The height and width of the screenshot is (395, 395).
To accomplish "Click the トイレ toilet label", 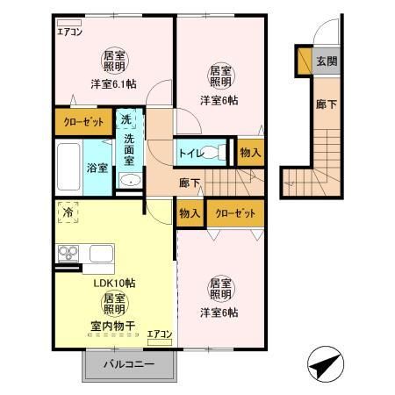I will pos(190,154).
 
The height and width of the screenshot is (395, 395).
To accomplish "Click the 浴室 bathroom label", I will pos(97,167).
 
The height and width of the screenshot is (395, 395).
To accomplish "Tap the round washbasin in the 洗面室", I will pos(128,181).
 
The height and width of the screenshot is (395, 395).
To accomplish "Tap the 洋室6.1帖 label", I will pos(113,84).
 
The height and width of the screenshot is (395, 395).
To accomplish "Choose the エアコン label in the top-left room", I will pos(69,32).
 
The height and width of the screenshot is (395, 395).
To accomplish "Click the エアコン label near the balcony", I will pos(159,334).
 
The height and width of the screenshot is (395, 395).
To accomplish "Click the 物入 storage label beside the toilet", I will pos(249,153).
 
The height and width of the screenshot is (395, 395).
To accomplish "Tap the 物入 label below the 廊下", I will pos(190,213).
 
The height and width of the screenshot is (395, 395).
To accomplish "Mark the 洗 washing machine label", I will pos(126,118).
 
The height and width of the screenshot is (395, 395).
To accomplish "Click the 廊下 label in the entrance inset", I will pos(323,103).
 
